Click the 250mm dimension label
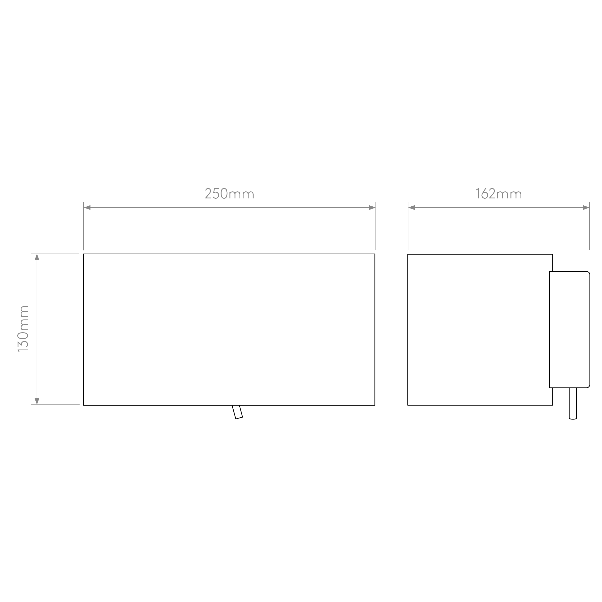229,194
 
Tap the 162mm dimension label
498,194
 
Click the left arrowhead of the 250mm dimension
87,208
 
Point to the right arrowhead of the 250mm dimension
372,208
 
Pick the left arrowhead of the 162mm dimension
412,208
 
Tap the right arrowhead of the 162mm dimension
586,208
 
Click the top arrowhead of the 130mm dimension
37,257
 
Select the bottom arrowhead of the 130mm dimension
37,401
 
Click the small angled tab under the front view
237,412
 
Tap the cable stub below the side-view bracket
573,404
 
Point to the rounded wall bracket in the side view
569,330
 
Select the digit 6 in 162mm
484,194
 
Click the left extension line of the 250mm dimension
84,226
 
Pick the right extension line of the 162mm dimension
589,226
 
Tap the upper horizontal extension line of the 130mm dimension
55,254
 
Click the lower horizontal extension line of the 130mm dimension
55,405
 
